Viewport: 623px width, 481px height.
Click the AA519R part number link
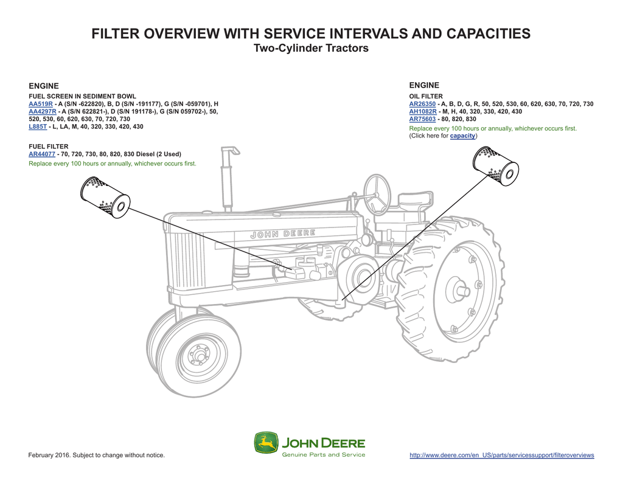click(x=41, y=104)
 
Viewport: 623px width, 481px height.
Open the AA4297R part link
click(x=43, y=112)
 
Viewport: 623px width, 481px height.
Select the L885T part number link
click(x=38, y=126)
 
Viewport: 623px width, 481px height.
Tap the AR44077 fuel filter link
click(x=42, y=154)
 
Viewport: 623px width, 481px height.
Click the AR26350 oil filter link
click(x=422, y=104)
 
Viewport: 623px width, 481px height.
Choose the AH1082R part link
click(x=422, y=112)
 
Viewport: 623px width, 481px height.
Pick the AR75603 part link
click(x=422, y=119)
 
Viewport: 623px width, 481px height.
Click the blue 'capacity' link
click(x=462, y=136)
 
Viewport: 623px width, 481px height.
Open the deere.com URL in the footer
click(x=502, y=455)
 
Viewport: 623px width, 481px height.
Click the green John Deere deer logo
click(x=266, y=443)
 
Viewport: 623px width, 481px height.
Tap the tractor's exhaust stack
click(x=228, y=176)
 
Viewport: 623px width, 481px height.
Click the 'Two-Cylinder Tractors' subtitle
click(x=311, y=48)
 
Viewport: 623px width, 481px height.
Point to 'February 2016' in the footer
click(x=50, y=455)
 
